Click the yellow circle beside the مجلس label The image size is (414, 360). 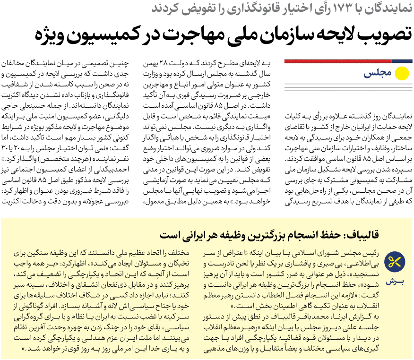tap(401, 74)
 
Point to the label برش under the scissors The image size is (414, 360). tap(396, 282)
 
